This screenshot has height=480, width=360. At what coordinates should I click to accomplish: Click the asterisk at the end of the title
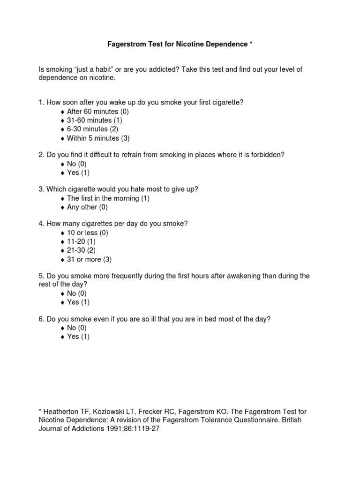pyautogui.click(x=251, y=44)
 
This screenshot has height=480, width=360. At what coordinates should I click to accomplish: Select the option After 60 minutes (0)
pyautogui.click(x=97, y=112)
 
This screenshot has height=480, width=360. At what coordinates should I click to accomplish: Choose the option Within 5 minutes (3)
pyautogui.click(x=98, y=138)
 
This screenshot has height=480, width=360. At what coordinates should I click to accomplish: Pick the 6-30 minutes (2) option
pyautogui.click(x=92, y=129)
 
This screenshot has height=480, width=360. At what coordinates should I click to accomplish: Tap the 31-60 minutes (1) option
pyautogui.click(x=94, y=120)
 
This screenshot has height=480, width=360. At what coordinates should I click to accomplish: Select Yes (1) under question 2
pyautogui.click(x=78, y=172)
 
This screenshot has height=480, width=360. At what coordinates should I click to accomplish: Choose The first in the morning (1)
pyautogui.click(x=108, y=198)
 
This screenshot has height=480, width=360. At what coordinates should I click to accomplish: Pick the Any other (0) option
pyautogui.click(x=87, y=207)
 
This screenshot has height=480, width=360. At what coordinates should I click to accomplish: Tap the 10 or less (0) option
pyautogui.click(x=87, y=233)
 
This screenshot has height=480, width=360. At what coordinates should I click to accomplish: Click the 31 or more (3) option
pyautogui.click(x=89, y=259)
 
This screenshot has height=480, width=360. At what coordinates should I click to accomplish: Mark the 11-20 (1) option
pyautogui.click(x=82, y=242)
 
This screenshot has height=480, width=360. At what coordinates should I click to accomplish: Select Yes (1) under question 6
pyautogui.click(x=78, y=337)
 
